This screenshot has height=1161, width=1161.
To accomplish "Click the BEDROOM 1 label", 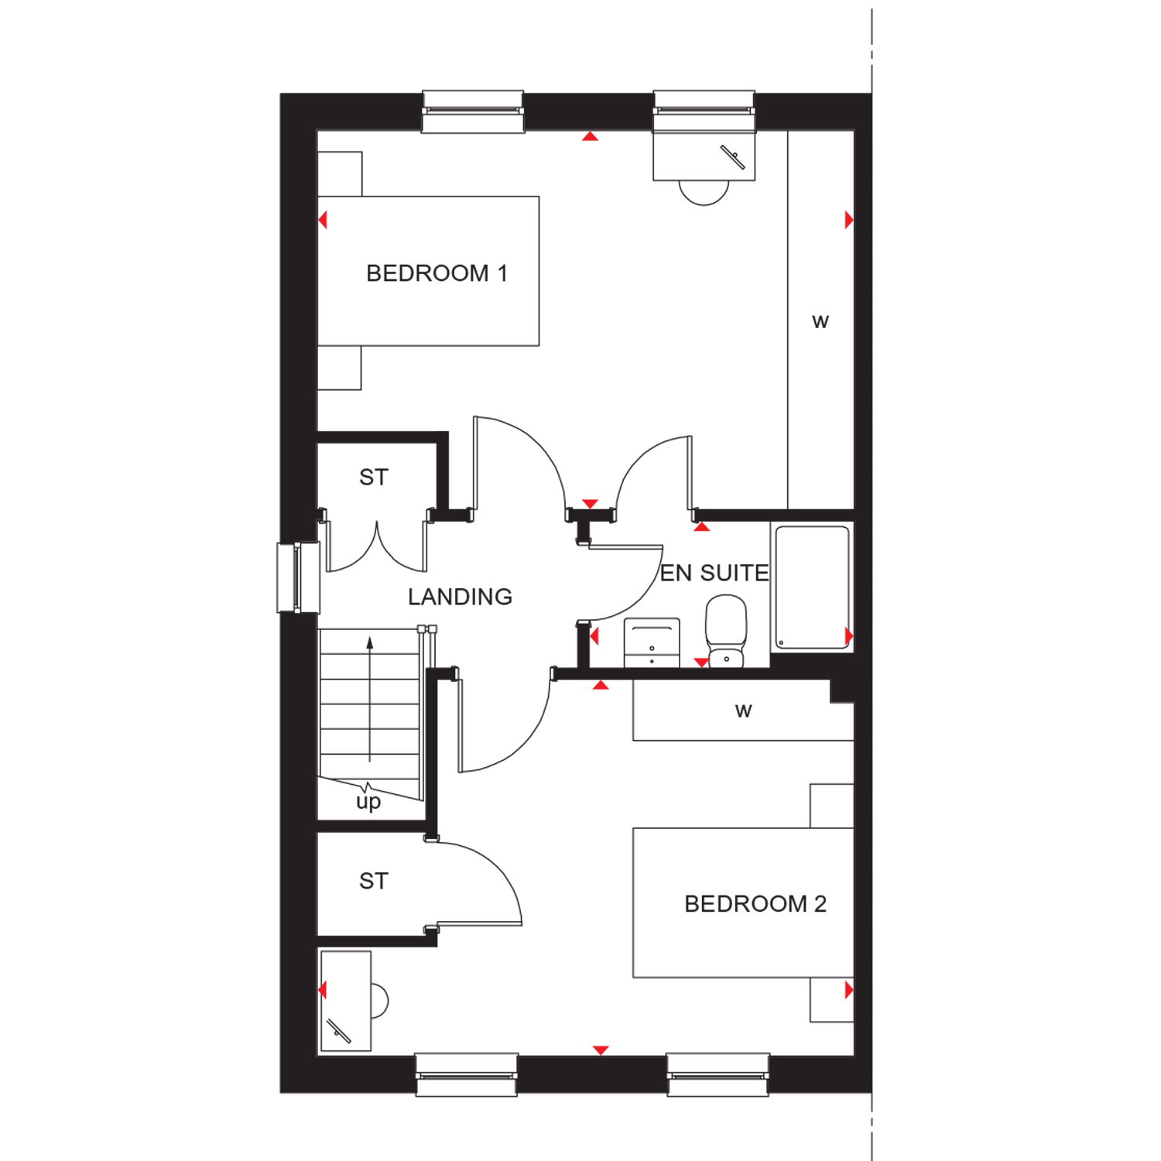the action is (x=437, y=273).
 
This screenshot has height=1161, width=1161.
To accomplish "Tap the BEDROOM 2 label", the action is (x=755, y=904).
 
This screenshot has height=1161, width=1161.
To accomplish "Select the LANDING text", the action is (x=460, y=597).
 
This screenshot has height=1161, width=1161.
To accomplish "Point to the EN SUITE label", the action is (x=714, y=573).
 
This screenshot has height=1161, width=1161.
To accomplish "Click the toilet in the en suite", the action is (x=726, y=631).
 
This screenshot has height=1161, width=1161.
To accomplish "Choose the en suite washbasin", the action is (x=652, y=642).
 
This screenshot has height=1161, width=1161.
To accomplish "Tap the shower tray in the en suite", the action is (x=812, y=587).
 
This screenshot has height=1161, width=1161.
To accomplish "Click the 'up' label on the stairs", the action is (x=368, y=802).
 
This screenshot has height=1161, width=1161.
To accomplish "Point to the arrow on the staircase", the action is (x=370, y=699).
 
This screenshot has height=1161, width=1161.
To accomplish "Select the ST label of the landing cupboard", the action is (x=373, y=478).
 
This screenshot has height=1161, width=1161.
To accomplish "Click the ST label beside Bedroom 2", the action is (x=373, y=881).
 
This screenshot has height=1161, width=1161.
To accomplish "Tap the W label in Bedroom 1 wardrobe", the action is (x=820, y=322).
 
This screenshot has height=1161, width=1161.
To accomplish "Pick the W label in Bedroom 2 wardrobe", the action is (x=743, y=711).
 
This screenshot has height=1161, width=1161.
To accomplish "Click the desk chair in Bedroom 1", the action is (x=704, y=193).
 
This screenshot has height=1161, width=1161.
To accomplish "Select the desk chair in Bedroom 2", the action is (x=379, y=1001).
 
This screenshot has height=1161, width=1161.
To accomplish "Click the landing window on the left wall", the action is (x=299, y=577).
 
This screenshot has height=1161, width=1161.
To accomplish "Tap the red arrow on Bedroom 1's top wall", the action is (x=591, y=136).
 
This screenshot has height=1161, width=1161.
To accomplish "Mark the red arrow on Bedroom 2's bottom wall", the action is (x=601, y=1050).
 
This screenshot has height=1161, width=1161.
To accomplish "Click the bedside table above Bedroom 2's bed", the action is (x=831, y=806).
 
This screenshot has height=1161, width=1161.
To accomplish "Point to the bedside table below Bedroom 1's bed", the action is (x=340, y=368).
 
